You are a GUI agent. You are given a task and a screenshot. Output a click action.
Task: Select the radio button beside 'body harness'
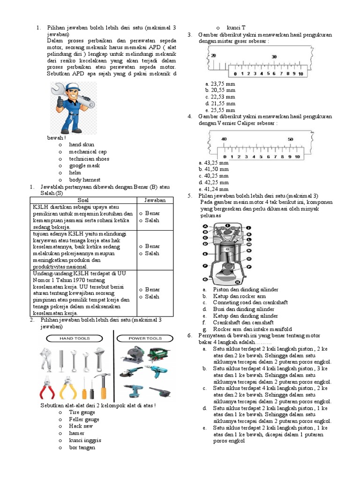pos(60,180)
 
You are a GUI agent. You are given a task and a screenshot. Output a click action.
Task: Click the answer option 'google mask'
pos(84,165)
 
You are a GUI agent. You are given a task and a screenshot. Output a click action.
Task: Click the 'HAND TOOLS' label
pos(75,338)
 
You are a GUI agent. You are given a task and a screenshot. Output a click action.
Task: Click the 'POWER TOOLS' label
pos(145,338)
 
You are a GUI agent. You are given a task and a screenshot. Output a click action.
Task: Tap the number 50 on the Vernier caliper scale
pos(291,139)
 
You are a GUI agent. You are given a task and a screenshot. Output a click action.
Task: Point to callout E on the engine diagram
pos(205,254)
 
